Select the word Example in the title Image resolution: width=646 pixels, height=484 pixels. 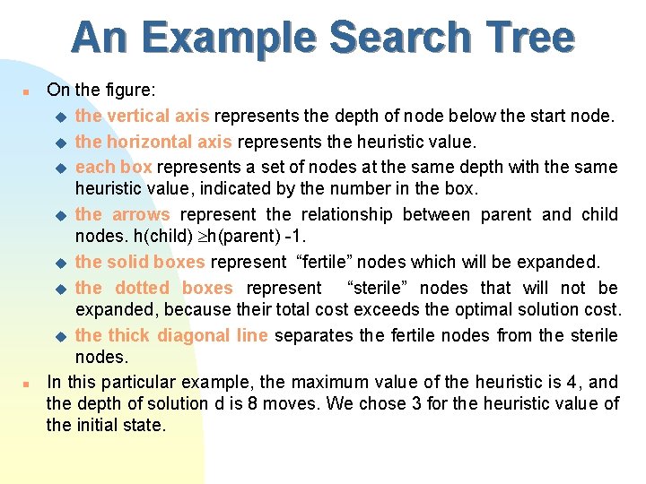(x=232, y=39)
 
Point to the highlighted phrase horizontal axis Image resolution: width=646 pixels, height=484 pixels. (x=167, y=141)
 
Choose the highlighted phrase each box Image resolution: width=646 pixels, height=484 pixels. (x=107, y=167)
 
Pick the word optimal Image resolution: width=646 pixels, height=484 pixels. (x=445, y=309)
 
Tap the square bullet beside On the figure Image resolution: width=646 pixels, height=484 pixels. (x=27, y=91)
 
